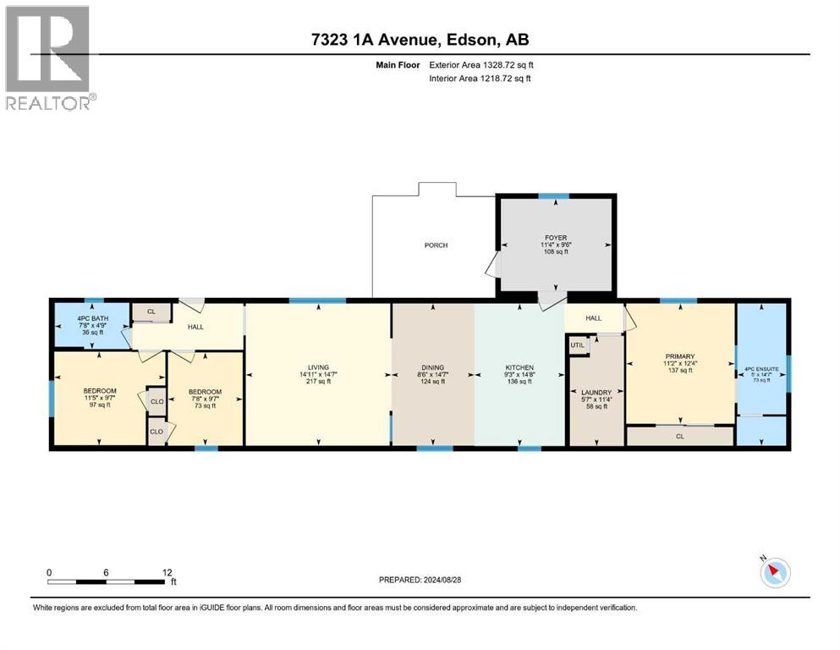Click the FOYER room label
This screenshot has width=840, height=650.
[x=556, y=239]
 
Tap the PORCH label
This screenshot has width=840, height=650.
[x=436, y=245]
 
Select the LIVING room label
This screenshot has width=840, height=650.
[x=318, y=367]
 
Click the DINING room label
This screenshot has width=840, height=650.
[x=432, y=367]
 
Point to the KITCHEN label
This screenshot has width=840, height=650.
[x=519, y=367]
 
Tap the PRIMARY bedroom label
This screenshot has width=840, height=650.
[x=680, y=356]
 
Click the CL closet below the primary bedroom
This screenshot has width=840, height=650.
[x=679, y=437]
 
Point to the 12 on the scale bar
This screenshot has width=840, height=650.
[x=168, y=572]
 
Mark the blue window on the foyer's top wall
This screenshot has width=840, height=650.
[x=554, y=196]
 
